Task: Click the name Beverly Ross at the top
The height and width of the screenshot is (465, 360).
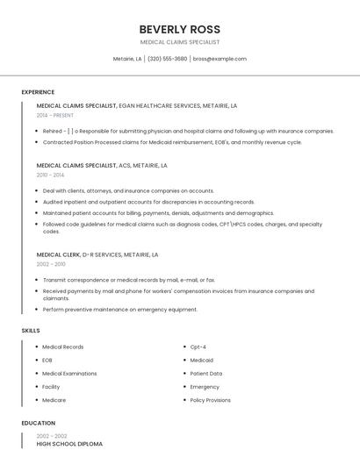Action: tap(179, 29)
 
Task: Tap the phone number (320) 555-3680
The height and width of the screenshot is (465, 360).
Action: tap(167, 59)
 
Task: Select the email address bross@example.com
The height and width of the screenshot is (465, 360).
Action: tap(220, 59)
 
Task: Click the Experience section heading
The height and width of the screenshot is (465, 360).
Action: tap(38, 92)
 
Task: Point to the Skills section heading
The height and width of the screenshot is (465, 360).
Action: tap(31, 330)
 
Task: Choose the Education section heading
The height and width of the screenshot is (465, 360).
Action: tap(38, 423)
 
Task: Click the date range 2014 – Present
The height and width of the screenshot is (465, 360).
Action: tap(56, 115)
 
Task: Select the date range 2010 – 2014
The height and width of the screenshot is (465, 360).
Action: tap(50, 175)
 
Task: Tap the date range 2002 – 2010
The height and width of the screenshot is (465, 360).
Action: tap(51, 264)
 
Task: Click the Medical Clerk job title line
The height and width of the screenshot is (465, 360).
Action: tap(97, 254)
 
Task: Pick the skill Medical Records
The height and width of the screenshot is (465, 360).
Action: tap(63, 347)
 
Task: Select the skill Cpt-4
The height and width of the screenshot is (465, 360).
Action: tap(198, 347)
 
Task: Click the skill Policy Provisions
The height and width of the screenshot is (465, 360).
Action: tap(211, 400)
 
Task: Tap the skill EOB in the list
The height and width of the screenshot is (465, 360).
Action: tap(47, 360)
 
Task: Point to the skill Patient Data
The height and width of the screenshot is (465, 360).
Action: tap(206, 373)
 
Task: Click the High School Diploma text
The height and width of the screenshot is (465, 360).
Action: tap(69, 444)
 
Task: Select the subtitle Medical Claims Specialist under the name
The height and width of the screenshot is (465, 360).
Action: tap(179, 42)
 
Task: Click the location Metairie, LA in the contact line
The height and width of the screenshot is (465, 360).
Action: tap(127, 59)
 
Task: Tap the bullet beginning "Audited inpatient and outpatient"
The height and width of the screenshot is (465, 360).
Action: tap(148, 202)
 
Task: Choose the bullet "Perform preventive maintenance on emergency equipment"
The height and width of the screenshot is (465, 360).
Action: tap(120, 309)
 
